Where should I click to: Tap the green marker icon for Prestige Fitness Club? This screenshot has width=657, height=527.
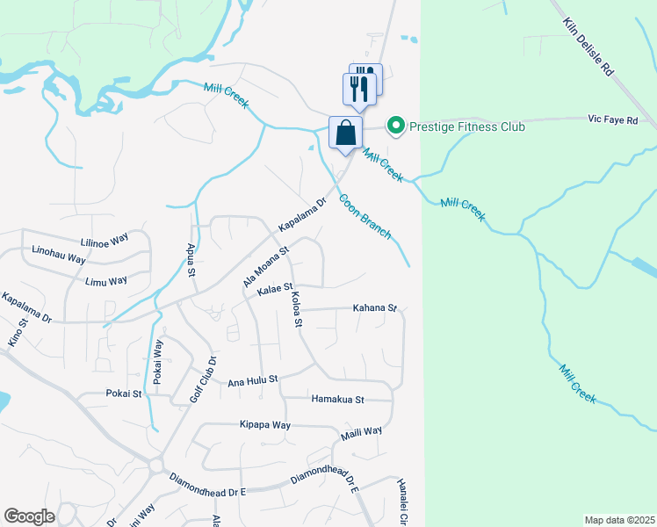pos(395,126)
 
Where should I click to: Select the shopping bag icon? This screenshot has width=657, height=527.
pos(346,134)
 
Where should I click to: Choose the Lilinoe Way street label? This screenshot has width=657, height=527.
pos(105,243)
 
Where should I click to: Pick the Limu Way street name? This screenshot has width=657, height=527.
pos(106,281)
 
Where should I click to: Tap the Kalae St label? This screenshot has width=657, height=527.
pos(275,288)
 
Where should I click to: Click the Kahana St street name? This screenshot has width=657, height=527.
pos(375,308)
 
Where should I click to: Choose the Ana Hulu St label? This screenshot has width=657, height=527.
pos(253,380)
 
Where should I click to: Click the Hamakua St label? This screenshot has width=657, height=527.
pos(338,399)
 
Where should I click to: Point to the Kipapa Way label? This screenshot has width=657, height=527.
pos(265,424)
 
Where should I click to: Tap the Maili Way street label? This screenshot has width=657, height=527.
pos(362,431)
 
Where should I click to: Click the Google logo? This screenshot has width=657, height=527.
pos(29,516)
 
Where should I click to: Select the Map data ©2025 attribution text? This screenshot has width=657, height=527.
pos(619,520)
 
